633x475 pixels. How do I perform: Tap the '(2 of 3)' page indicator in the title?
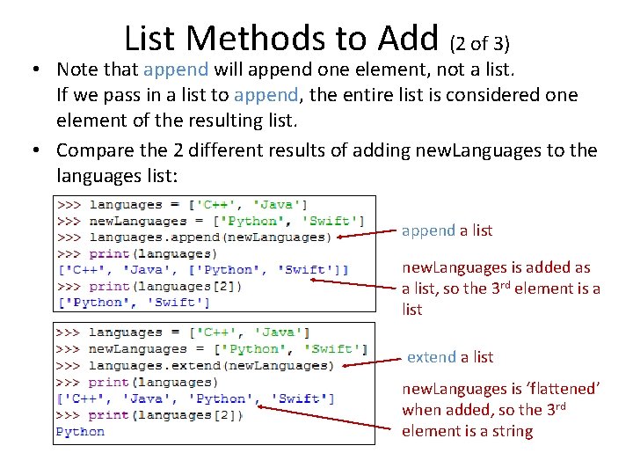pos(480,41)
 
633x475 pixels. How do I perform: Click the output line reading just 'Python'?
pos(80,432)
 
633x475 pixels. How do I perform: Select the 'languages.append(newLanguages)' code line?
pos(210,237)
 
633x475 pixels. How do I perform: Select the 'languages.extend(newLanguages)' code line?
pos(210,366)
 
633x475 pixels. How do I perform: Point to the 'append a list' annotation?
pos(447,230)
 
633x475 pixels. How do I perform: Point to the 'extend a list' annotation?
pos(450,357)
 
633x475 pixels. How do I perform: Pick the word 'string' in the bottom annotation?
pos(513,431)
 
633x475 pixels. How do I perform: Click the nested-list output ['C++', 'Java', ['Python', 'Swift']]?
pos(202,270)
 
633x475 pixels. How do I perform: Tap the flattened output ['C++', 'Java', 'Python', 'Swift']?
pos(195,398)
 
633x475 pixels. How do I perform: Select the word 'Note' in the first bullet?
pos(77,69)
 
